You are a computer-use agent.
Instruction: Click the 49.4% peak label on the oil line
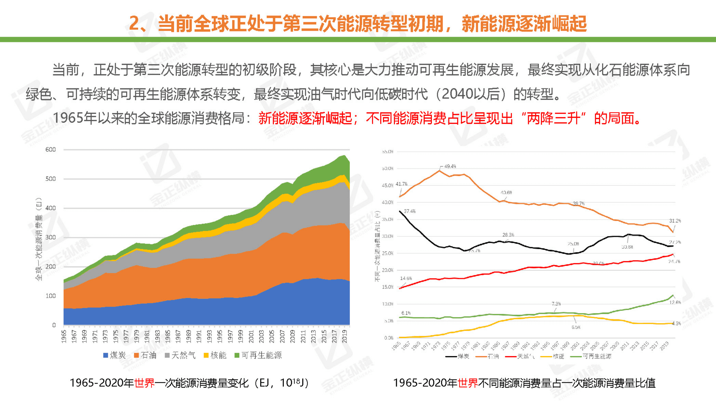pyautogui.click(x=450, y=166)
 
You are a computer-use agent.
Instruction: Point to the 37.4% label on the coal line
pyautogui.click(x=410, y=211)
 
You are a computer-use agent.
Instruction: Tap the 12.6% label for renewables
pyautogui.click(x=675, y=302)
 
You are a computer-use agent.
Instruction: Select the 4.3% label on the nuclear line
pyautogui.click(x=676, y=323)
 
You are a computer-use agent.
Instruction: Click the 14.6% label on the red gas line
pyautogui.click(x=406, y=278)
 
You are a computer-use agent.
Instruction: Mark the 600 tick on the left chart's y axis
pyautogui.click(x=51, y=150)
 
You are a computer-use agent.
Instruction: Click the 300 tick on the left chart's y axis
pyautogui.click(x=51, y=237)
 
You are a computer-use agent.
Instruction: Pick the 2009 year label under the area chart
pyautogui.click(x=293, y=336)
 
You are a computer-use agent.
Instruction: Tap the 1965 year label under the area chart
pyautogui.click(x=64, y=336)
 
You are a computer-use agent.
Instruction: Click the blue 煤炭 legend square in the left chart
pyautogui.click(x=106, y=355)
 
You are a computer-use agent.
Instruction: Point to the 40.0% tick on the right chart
pyautogui.click(x=388, y=202)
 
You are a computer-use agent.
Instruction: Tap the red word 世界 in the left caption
pyautogui.click(x=144, y=383)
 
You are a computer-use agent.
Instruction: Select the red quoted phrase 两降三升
pyautogui.click(x=553, y=118)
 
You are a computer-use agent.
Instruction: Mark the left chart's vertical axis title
pyautogui.click(x=39, y=239)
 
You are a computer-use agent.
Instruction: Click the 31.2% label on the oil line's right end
pyautogui.click(x=675, y=221)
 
